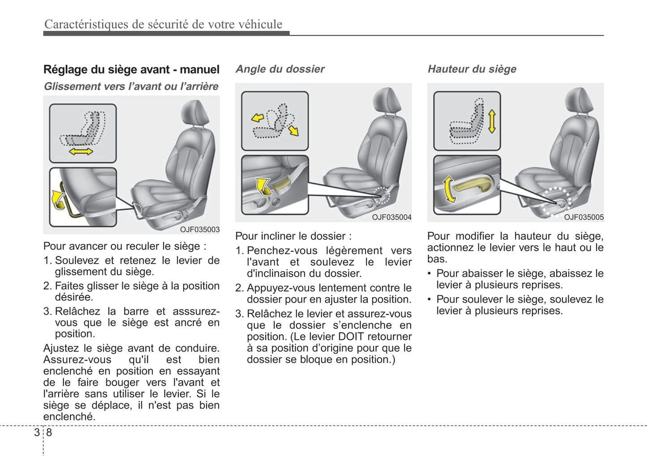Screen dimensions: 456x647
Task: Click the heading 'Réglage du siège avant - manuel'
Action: (131, 69)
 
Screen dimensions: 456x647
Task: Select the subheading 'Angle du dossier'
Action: (280, 69)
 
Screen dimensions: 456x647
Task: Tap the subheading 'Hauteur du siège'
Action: (472, 69)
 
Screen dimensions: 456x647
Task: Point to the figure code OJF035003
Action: (200, 230)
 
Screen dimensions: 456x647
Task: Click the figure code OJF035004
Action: (391, 217)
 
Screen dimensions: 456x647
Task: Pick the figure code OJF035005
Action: (583, 217)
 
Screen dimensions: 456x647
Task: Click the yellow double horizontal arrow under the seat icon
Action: (81, 152)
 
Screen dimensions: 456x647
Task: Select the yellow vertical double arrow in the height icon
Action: (492, 121)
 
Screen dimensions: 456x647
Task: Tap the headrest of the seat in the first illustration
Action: (196, 114)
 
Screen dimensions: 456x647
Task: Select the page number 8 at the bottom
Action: (49, 432)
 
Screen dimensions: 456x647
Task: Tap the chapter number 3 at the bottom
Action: (37, 432)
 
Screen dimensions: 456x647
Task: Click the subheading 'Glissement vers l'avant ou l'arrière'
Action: (131, 86)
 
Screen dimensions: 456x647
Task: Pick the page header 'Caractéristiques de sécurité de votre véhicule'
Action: (163, 24)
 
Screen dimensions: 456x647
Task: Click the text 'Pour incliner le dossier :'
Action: (293, 236)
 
